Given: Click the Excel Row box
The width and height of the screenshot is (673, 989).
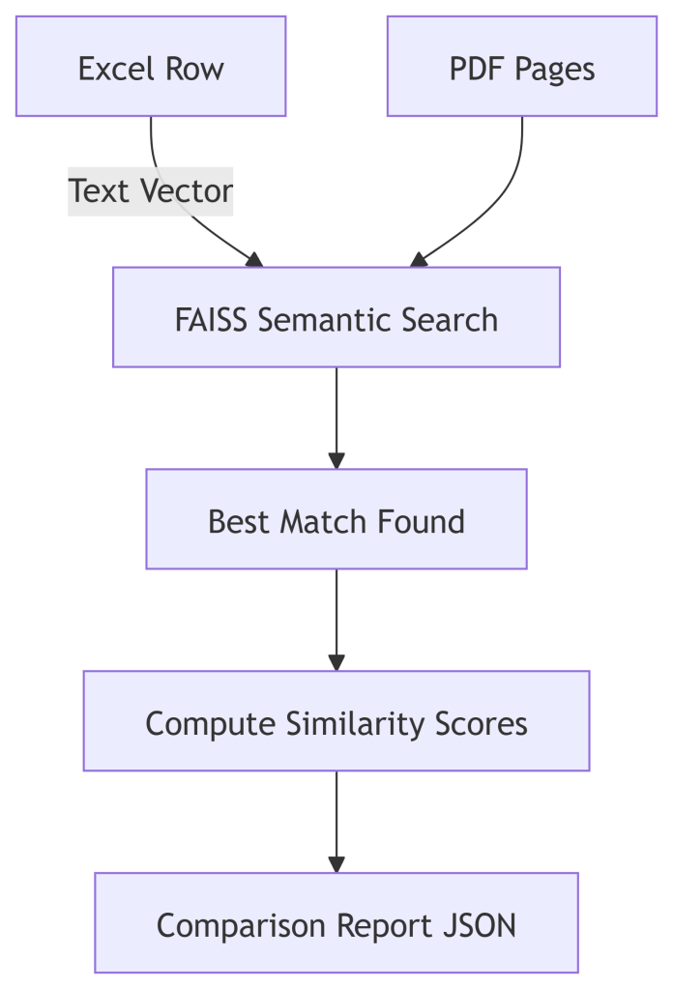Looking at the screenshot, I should pyautogui.click(x=151, y=67).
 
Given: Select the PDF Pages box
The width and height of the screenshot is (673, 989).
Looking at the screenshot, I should pyautogui.click(x=522, y=67).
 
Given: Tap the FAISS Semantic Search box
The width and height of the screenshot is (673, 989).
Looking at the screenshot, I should pyautogui.click(x=336, y=318).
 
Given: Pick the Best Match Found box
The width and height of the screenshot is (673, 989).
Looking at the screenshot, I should pyautogui.click(x=336, y=520).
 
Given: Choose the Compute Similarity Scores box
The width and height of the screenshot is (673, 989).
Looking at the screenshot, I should pyautogui.click(x=336, y=721).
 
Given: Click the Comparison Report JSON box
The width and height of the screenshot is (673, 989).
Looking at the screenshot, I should pyautogui.click(x=336, y=923).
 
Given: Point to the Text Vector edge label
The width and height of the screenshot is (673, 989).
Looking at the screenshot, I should pyautogui.click(x=151, y=190).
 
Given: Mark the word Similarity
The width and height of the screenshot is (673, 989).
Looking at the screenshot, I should pyautogui.click(x=351, y=723).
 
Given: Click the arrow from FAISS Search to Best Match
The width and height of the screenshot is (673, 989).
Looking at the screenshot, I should pyautogui.click(x=336, y=416).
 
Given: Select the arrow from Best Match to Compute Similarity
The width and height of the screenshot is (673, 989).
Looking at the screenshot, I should pyautogui.click(x=336, y=619).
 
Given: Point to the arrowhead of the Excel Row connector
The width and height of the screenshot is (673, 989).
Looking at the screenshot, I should pyautogui.click(x=255, y=259).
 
